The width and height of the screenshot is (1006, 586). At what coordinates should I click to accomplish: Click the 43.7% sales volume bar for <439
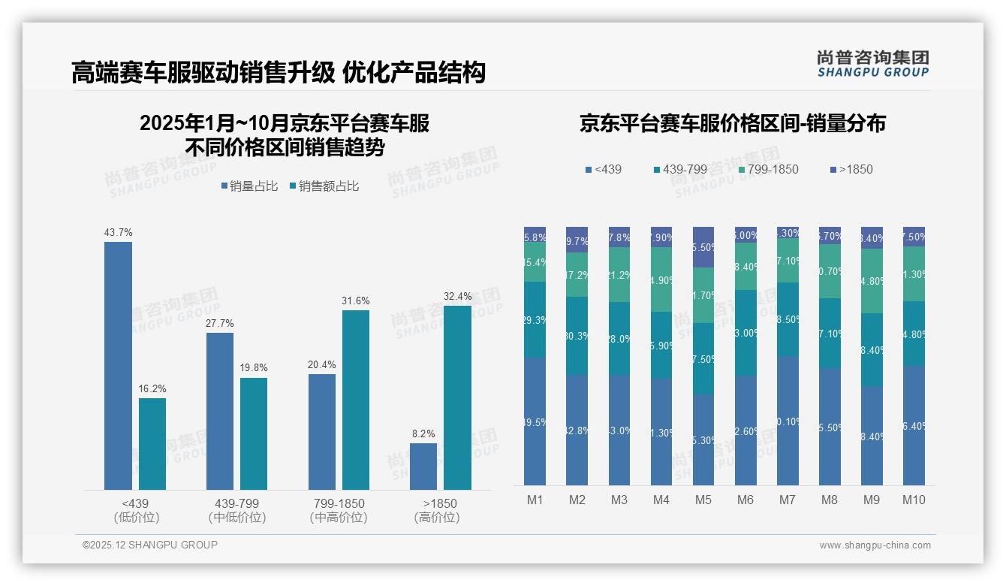(x=118, y=366)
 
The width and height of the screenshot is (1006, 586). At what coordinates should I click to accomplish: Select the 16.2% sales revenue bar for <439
(x=152, y=444)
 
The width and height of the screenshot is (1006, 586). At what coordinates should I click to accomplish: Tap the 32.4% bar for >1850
(x=457, y=397)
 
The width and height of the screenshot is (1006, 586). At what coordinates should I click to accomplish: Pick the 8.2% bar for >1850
(x=423, y=467)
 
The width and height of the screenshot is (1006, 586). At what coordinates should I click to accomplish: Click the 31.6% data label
(x=356, y=301)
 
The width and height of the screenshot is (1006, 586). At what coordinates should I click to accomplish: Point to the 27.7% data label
(x=220, y=323)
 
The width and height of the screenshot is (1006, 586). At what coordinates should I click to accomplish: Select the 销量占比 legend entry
(x=250, y=186)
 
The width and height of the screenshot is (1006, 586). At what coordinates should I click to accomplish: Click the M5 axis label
(x=703, y=500)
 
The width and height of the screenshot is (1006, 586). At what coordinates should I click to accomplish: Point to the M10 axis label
(x=914, y=500)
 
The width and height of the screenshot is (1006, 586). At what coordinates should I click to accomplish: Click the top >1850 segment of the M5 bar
(x=703, y=247)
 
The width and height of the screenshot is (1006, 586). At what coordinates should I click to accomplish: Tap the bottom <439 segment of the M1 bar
(x=535, y=421)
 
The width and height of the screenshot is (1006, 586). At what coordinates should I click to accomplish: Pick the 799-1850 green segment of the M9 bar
(x=872, y=281)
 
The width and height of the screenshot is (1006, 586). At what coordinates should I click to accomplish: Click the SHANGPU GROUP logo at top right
(x=872, y=64)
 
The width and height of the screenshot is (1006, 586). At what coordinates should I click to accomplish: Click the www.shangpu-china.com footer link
(x=875, y=545)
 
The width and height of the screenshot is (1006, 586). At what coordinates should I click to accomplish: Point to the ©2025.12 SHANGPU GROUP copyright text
(x=150, y=545)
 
